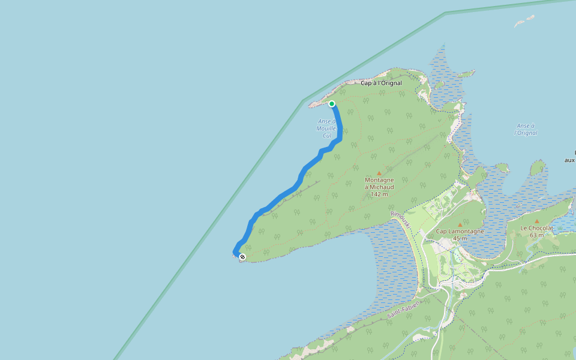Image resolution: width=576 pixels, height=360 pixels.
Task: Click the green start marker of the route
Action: (332, 104)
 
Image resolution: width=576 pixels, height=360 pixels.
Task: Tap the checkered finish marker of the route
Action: (242, 257)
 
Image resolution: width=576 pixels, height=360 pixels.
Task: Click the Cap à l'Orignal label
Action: (381, 83)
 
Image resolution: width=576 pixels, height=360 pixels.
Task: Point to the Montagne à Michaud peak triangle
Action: (379, 173)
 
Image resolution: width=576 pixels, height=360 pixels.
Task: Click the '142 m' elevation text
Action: (379, 194)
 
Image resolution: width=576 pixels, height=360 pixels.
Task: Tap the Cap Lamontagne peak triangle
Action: (460, 224)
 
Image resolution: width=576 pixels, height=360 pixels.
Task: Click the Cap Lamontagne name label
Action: (460, 231)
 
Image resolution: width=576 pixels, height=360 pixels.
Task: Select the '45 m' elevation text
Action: (460, 238)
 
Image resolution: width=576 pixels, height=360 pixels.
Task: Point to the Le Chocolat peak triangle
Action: (536, 221)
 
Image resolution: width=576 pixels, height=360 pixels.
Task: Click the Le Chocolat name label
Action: (536, 228)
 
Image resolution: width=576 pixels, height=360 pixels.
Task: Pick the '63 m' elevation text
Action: (536, 235)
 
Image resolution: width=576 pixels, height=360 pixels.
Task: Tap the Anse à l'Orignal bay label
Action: (526, 129)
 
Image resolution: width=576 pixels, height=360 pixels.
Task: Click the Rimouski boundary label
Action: (400, 220)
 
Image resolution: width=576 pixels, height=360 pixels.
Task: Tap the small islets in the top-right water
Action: (523, 22)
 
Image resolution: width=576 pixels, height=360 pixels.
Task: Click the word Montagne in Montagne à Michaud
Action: (379, 180)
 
